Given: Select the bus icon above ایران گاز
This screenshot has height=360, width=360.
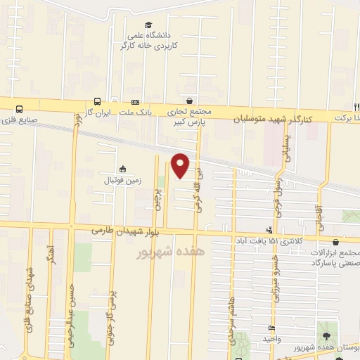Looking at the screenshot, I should [96, 101].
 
